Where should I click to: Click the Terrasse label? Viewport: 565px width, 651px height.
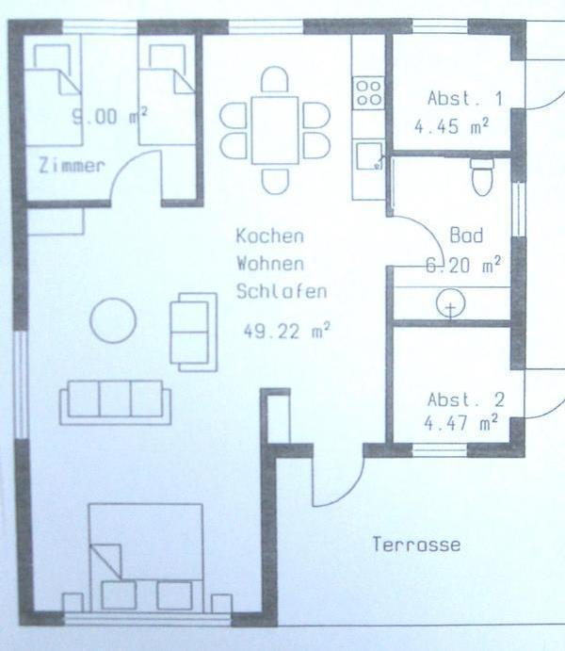click(x=416, y=545)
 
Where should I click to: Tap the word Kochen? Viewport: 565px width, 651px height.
click(x=270, y=236)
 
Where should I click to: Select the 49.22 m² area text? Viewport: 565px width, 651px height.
click(x=286, y=331)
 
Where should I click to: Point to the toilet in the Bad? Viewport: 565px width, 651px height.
click(x=482, y=176)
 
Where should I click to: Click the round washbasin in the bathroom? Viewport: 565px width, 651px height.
click(x=450, y=304)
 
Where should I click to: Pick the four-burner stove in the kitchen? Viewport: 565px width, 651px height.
click(x=368, y=93)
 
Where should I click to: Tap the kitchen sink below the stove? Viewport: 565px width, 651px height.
click(x=369, y=155)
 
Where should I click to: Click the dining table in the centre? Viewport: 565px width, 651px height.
click(x=275, y=130)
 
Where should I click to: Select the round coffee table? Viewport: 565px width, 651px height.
click(x=113, y=320)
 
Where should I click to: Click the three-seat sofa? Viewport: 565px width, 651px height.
click(x=115, y=402)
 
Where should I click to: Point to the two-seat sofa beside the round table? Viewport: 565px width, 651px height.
click(x=193, y=332)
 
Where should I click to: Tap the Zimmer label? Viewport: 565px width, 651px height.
click(x=72, y=166)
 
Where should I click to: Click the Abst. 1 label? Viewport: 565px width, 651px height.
click(x=465, y=99)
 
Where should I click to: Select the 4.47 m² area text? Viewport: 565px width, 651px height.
click(x=460, y=424)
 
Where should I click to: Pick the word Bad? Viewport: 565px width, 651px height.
click(x=467, y=236)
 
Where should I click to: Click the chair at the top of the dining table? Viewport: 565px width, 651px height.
click(x=275, y=79)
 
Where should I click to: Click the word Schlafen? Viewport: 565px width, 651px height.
click(x=282, y=291)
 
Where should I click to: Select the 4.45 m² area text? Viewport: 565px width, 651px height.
click(x=452, y=126)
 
